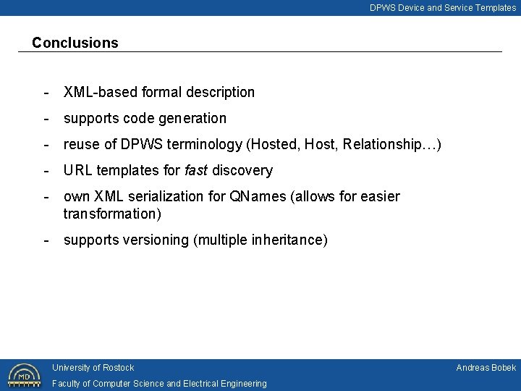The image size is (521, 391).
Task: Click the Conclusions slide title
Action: (x=75, y=43)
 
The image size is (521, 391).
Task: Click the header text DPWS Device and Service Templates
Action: (x=443, y=8)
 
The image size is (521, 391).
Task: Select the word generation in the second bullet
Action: (x=196, y=118)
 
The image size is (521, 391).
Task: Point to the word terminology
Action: (x=209, y=145)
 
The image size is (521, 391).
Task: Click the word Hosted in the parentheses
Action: (x=273, y=144)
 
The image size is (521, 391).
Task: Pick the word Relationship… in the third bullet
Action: (x=391, y=144)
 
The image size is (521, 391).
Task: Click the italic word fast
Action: (x=195, y=170)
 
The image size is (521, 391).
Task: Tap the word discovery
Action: (x=242, y=171)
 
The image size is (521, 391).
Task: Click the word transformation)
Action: (x=112, y=214)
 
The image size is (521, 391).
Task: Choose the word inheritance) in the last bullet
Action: (x=289, y=240)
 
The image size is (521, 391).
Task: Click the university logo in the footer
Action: (x=24, y=375)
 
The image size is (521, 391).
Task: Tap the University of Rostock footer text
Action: (x=93, y=368)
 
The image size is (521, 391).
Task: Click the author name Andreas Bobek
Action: (x=486, y=368)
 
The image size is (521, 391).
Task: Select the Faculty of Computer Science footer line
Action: (x=159, y=384)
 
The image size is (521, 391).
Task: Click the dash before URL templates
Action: (x=46, y=171)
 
